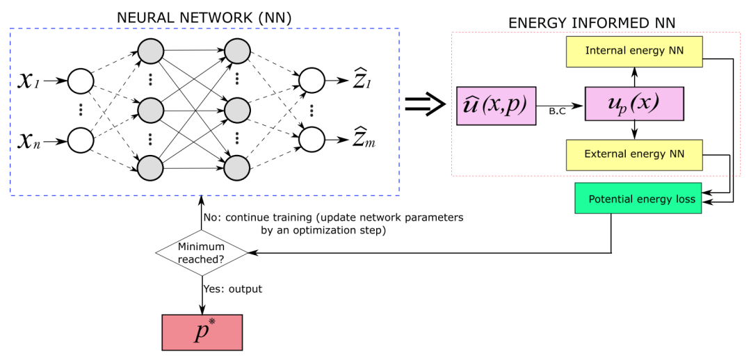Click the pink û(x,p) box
[x=496, y=106]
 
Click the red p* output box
[x=202, y=332]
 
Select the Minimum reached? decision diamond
[x=202, y=252]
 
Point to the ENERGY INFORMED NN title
[x=592, y=24]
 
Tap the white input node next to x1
[x=81, y=82]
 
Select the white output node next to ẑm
[x=312, y=140]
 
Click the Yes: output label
[x=232, y=288]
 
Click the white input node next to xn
[x=81, y=140]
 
